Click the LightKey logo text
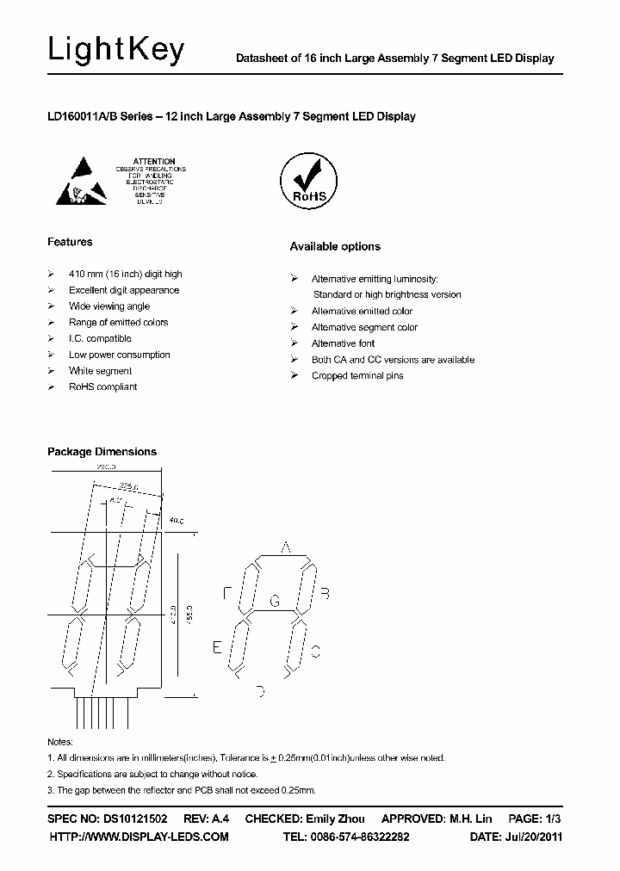pyautogui.click(x=116, y=51)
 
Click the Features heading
pyautogui.click(x=70, y=242)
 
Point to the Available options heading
pyautogui.click(x=334, y=246)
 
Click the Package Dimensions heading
pyautogui.click(x=102, y=451)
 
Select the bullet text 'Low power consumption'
pyautogui.click(x=120, y=355)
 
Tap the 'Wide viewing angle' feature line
pyautogui.click(x=109, y=306)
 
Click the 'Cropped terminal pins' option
pyautogui.click(x=357, y=376)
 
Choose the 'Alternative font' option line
pyautogui.click(x=343, y=343)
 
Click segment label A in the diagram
pyautogui.click(x=286, y=547)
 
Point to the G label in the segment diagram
pyautogui.click(x=275, y=602)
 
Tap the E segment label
pyautogui.click(x=217, y=647)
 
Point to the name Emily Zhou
pyautogui.click(x=335, y=818)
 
